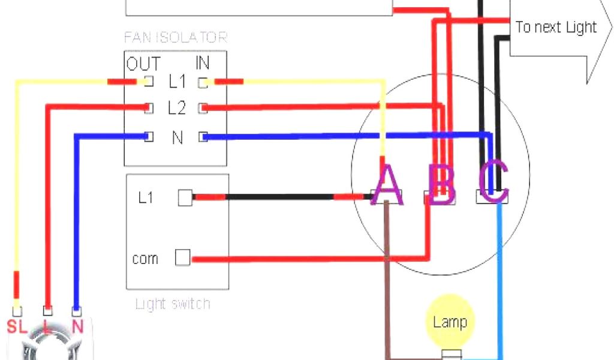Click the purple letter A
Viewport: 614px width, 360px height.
pos(387,185)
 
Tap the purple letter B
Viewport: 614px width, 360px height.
pos(442,185)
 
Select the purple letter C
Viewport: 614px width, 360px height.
pos(494,182)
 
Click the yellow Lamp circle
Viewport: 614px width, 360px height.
pos(450,321)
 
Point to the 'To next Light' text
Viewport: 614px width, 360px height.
pos(556,27)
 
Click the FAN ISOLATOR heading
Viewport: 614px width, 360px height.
pos(176,37)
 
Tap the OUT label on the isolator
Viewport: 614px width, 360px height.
pos(143,63)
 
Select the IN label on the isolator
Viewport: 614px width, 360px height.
pos(202,63)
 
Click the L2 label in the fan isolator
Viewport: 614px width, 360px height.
pos(177,109)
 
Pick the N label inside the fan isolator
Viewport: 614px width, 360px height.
pos(177,137)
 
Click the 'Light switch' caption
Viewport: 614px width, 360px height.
pos(173,304)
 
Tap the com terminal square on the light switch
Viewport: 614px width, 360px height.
pos(183,258)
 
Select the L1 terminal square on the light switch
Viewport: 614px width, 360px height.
pos(185,198)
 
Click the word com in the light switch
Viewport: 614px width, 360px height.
pos(146,259)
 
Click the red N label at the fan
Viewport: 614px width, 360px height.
pos(77,326)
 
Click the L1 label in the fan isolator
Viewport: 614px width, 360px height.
pos(177,80)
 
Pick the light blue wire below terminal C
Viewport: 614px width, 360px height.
pos(499,282)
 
